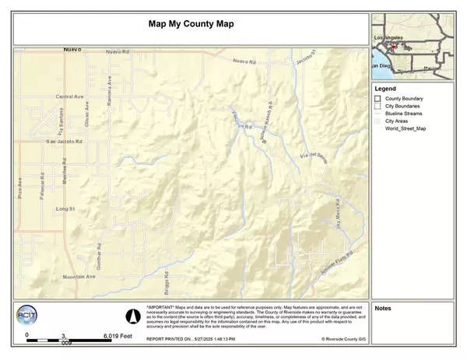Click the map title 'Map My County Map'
191,23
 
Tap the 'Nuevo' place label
72,49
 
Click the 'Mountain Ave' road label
79,277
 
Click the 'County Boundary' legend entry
403,99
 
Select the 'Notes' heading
383,309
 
